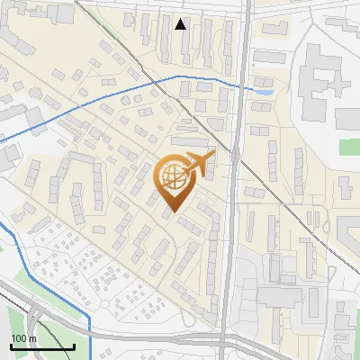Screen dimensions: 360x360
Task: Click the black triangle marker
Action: [x=181, y=24]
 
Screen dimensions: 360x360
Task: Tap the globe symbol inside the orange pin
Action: [x=173, y=177]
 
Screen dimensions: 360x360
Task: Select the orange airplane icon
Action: [x=199, y=165]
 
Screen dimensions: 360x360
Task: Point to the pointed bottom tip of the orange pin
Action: [x=173, y=212]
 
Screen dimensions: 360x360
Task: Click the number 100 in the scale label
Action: [x=17, y=338]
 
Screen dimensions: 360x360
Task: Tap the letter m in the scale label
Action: [x=31, y=338]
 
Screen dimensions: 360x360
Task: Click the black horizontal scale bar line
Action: [x=41, y=346]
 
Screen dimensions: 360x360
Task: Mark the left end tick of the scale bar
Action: [x=10, y=345]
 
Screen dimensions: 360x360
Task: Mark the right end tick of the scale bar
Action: [x=74, y=345]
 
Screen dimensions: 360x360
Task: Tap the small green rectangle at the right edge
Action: [x=347, y=146]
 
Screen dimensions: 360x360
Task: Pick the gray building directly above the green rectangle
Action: [x=347, y=117]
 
